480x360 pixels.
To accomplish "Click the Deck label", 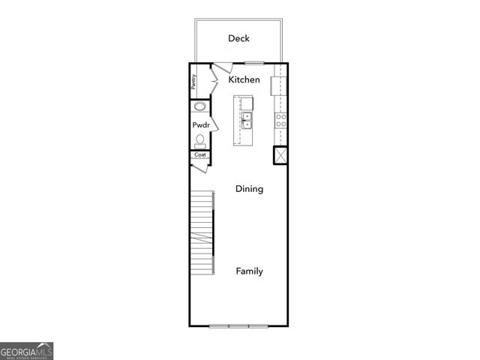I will [239, 38].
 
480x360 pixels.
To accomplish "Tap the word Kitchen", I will [244, 79].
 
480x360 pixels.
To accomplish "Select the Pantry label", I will [193, 81].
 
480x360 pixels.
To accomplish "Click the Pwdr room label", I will [200, 124].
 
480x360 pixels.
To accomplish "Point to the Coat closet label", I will [200, 155].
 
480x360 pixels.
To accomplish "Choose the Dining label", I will [249, 189].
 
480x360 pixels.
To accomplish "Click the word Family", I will [249, 271].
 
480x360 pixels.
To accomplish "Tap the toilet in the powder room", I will [200, 140].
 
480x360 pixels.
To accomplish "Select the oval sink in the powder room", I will [200, 107].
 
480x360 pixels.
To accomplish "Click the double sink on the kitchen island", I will [246, 121].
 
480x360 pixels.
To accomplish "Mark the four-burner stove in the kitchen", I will [280, 120].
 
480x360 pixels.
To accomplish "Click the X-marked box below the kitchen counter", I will [280, 155].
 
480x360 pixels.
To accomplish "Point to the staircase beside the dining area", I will [202, 234].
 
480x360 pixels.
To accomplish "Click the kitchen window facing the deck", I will [254, 62].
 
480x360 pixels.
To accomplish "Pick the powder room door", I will [214, 124].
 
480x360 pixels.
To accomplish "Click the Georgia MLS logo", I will [26, 351].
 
